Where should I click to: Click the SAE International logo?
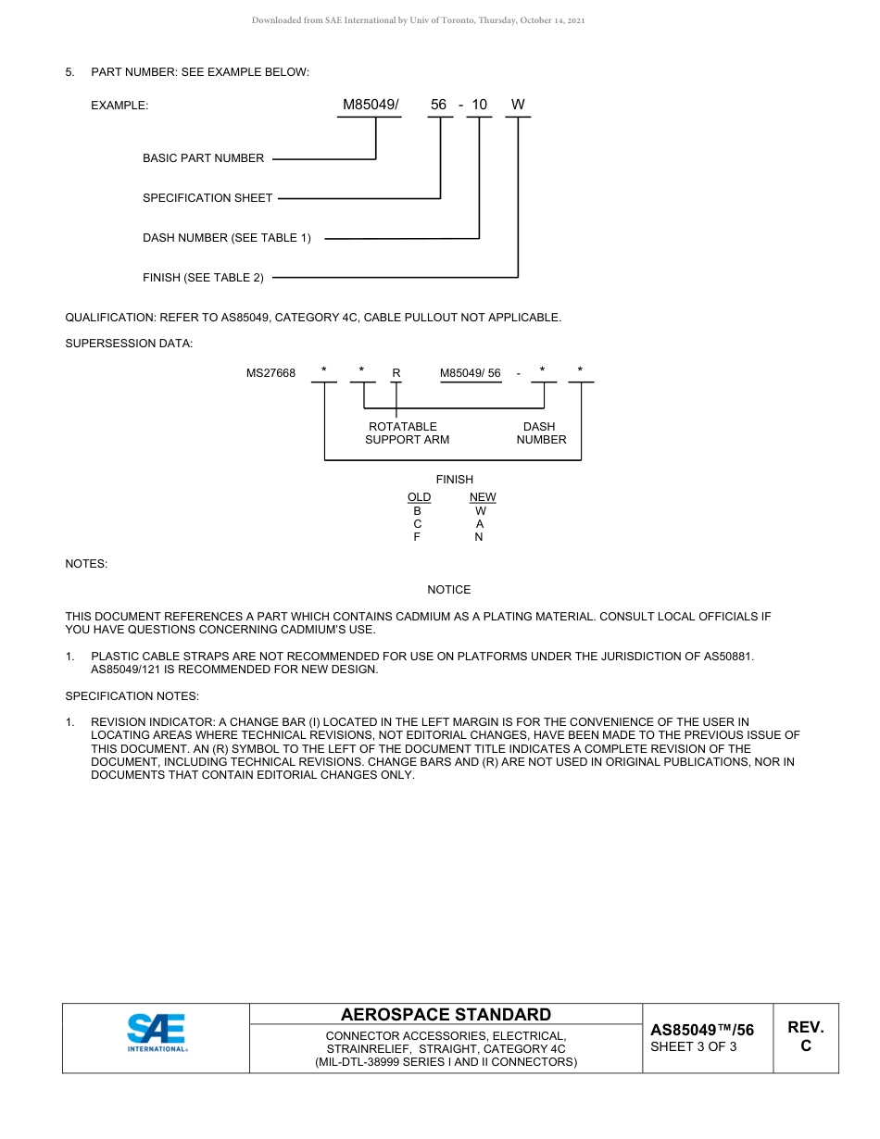click(157, 1033)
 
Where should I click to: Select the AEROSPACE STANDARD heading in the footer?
click(446, 1015)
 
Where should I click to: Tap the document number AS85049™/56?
click(702, 1030)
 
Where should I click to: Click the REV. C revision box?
click(805, 1036)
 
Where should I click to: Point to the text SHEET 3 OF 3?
click(694, 1047)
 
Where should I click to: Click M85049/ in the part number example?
click(371, 105)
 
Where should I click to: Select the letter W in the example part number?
click(518, 105)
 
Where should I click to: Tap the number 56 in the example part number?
click(439, 105)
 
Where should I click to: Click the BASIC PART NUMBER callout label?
click(203, 158)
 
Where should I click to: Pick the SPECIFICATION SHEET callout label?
click(207, 198)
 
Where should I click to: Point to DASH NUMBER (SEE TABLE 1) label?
click(227, 238)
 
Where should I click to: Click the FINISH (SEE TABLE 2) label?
click(203, 278)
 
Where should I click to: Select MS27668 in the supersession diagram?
click(270, 373)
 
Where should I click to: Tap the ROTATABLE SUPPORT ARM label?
click(407, 433)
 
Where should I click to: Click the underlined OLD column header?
click(419, 497)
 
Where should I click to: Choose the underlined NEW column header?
click(483, 497)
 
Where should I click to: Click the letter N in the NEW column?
click(479, 537)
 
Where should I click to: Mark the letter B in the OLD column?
click(418, 511)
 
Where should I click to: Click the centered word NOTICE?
click(449, 590)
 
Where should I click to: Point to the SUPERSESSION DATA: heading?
click(129, 344)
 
